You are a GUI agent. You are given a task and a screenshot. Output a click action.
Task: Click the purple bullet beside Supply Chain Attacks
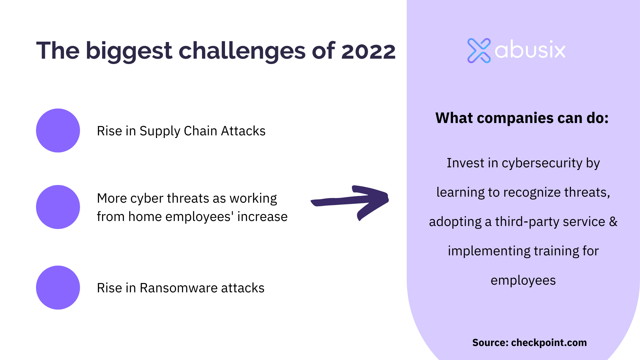58,131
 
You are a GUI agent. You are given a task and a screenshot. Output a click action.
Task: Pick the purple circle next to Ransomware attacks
58,288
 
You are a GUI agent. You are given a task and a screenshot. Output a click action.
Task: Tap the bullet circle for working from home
58,207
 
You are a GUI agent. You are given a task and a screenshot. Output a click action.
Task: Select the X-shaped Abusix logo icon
479,51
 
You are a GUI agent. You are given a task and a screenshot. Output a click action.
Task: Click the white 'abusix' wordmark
530,50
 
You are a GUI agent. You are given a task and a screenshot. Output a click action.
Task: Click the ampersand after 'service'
613,222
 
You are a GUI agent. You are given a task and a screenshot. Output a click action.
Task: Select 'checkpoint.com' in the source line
549,343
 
